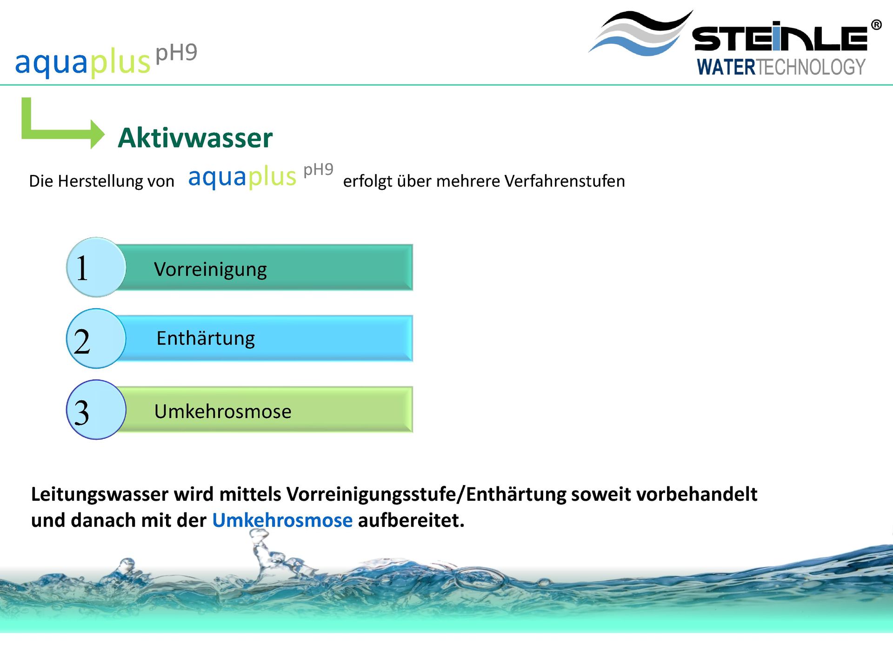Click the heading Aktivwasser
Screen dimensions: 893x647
point(195,138)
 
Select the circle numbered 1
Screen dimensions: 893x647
point(96,267)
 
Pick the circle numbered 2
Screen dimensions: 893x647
point(96,338)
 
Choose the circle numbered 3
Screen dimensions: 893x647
point(96,410)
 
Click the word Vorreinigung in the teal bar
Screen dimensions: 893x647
point(210,270)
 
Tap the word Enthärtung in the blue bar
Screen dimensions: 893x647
point(206,338)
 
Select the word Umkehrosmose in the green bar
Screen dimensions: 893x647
point(223,411)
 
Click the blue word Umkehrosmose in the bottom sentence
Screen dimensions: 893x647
point(282,520)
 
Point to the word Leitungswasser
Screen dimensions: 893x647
point(100,494)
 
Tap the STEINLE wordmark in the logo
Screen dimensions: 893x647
point(780,38)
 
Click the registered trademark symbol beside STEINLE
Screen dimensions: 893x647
point(876,25)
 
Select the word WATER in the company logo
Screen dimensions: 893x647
point(726,67)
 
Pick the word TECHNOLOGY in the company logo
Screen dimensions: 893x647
point(811,67)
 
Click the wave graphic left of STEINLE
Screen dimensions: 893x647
point(641,33)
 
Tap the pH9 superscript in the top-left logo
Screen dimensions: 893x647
point(176,53)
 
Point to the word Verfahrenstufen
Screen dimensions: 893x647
point(565,181)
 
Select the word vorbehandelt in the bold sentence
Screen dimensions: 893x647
point(697,494)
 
